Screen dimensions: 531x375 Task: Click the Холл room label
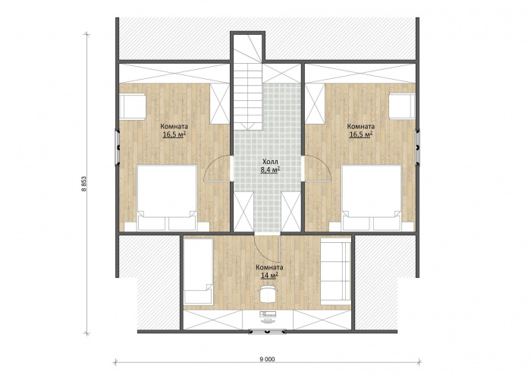click(x=270, y=162)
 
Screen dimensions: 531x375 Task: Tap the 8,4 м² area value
click(x=270, y=170)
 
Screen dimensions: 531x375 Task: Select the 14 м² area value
click(x=269, y=275)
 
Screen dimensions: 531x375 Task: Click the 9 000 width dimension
click(x=267, y=359)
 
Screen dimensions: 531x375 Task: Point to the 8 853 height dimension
click(x=83, y=184)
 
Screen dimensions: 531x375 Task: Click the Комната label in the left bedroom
click(x=174, y=126)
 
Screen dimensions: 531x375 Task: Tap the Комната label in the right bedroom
click(x=360, y=126)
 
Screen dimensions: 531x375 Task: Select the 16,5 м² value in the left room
click(x=174, y=134)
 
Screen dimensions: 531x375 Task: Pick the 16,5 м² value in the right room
click(x=360, y=134)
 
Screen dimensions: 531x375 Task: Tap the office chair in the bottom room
click(x=269, y=293)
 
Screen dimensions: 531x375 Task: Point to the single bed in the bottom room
click(x=199, y=271)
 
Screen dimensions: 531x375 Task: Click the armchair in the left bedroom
click(x=133, y=107)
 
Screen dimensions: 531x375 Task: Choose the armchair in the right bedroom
click(x=402, y=106)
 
